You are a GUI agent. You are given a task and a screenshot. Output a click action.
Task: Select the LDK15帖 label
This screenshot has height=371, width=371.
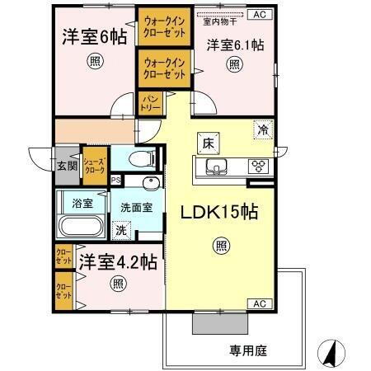tap(219, 212)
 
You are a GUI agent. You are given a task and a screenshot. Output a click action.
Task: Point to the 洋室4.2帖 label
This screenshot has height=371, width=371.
tap(118, 262)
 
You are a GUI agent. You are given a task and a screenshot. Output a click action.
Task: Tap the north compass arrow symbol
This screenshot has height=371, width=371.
tap(330, 352)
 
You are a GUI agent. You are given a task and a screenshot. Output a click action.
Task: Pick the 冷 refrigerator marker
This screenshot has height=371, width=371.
tap(262, 129)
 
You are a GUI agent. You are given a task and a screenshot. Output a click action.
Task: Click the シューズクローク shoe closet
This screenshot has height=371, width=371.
tap(94, 167)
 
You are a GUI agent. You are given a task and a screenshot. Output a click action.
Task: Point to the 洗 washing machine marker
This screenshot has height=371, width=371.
tap(122, 232)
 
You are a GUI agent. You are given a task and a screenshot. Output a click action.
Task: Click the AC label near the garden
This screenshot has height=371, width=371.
tap(258, 303)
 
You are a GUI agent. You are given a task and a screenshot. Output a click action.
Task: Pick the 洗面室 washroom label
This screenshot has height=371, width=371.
tap(136, 208)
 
